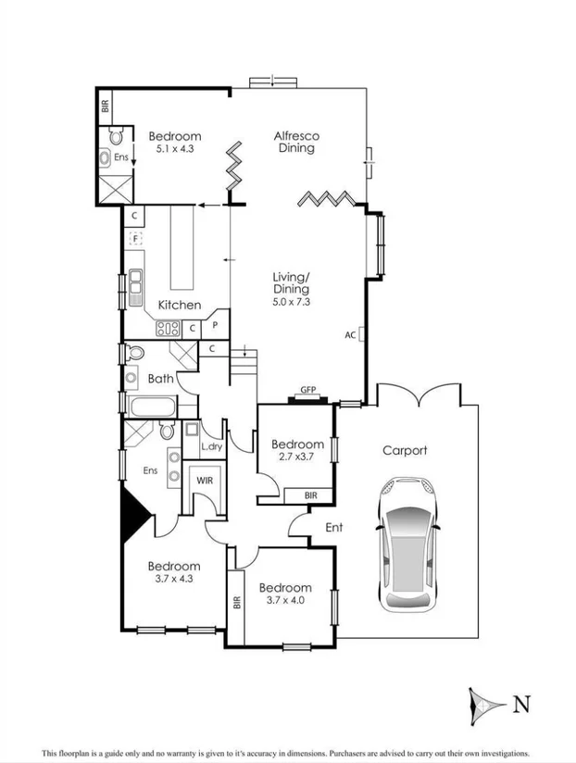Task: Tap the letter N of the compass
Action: tap(522, 705)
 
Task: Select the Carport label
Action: tap(405, 451)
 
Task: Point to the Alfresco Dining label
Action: tap(294, 142)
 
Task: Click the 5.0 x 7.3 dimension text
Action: tap(291, 302)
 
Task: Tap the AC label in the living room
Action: tap(349, 334)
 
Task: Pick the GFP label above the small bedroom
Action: tap(307, 391)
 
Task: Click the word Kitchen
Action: tap(179, 305)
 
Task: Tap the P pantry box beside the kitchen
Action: tap(215, 326)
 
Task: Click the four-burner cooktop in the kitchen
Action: tap(168, 327)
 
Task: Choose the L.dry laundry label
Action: tap(211, 447)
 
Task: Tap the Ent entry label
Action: tap(333, 528)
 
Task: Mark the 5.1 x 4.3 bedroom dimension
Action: tap(174, 148)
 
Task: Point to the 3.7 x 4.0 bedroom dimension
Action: tap(284, 600)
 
